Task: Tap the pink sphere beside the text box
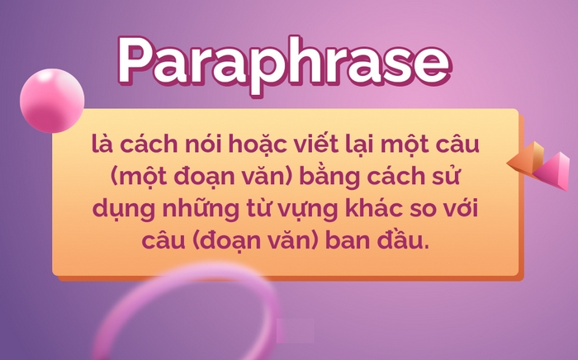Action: click(51, 100)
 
